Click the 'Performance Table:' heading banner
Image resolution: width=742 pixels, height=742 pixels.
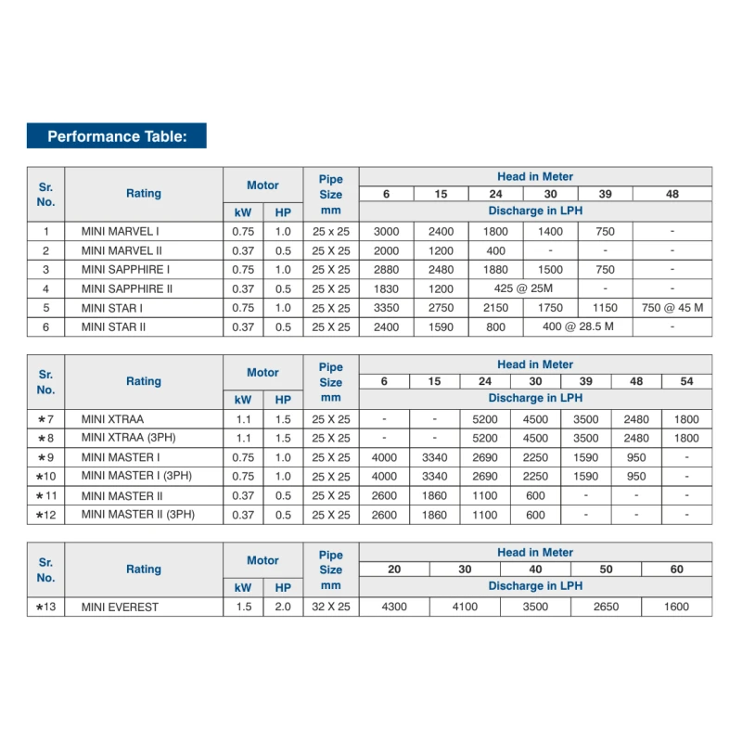117,135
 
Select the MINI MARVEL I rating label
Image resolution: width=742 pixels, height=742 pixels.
121,231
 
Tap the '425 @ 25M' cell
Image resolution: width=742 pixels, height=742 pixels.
523,288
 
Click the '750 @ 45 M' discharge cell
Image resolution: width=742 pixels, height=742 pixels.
672,308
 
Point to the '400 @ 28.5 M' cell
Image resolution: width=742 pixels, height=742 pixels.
578,327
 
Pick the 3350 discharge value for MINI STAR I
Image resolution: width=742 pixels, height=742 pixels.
386,308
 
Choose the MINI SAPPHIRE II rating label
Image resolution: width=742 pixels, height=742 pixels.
127,288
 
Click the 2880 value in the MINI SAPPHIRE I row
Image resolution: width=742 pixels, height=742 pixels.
386,270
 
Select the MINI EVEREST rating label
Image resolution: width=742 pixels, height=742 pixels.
120,608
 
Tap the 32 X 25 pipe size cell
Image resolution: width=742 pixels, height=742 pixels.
331,608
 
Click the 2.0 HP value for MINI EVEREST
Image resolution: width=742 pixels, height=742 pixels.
283,608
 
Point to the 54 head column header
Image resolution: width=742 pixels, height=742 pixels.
686,381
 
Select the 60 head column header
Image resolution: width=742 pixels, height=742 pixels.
677,569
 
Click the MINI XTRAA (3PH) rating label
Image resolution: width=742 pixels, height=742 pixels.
124,438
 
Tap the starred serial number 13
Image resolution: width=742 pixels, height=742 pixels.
46,608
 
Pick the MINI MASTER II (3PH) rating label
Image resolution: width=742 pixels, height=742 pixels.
138,515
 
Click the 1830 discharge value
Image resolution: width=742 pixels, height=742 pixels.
386,288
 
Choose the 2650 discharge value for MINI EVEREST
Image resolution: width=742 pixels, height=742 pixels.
606,608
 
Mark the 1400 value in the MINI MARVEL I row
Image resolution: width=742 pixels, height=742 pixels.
550,231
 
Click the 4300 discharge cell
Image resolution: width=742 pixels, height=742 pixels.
394,608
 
